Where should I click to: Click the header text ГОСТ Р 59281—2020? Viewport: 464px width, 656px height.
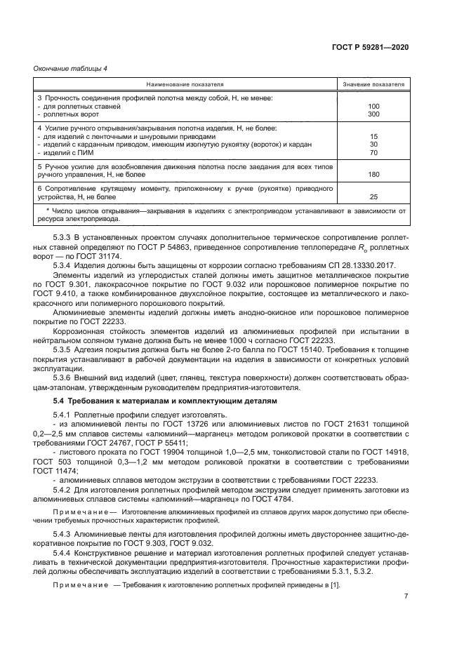tap(373, 47)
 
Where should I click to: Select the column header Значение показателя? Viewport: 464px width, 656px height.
tap(373, 84)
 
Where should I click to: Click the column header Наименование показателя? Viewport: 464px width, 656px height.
tap(186, 84)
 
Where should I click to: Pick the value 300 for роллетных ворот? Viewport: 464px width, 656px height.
tap(373, 114)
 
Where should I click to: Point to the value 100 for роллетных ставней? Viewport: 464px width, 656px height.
tap(373, 107)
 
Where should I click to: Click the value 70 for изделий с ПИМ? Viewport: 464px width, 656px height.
tap(373, 152)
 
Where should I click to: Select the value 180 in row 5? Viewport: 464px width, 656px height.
tap(373, 174)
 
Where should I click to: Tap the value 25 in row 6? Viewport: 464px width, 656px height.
tap(373, 196)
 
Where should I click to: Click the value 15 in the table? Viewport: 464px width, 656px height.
tap(373, 136)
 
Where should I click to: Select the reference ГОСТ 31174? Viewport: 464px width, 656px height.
tap(105, 257)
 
